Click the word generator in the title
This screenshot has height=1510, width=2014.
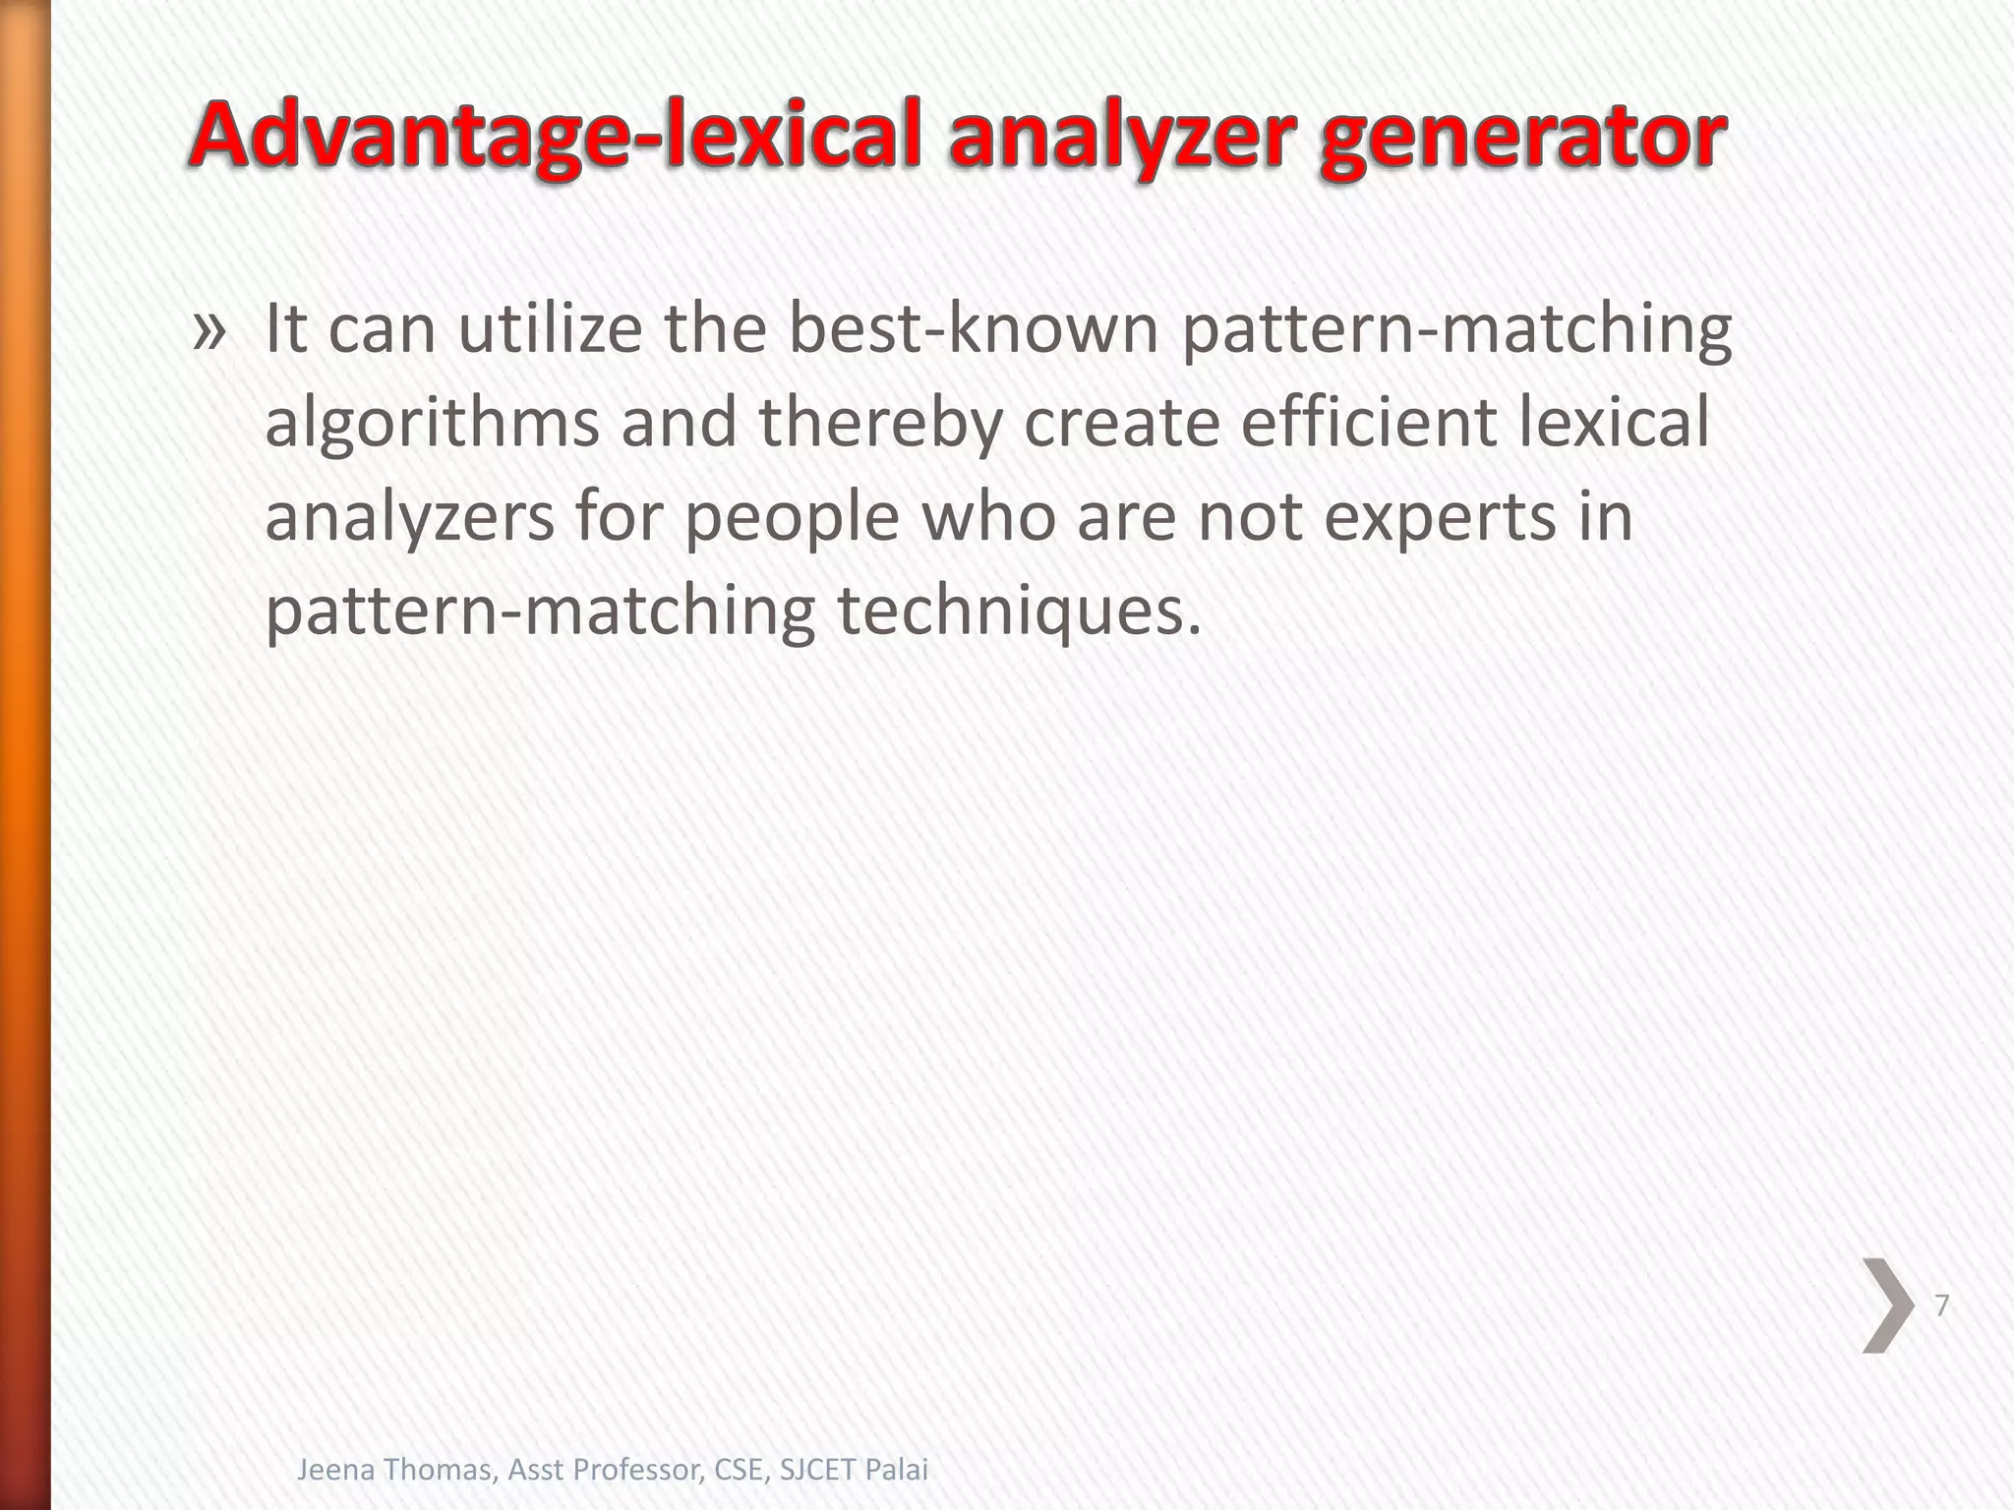point(1522,138)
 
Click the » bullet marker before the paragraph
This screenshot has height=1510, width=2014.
point(208,331)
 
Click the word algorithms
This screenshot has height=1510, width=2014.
point(433,424)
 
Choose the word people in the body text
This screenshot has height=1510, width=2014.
point(792,518)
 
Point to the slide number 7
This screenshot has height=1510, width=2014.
point(1941,1306)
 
